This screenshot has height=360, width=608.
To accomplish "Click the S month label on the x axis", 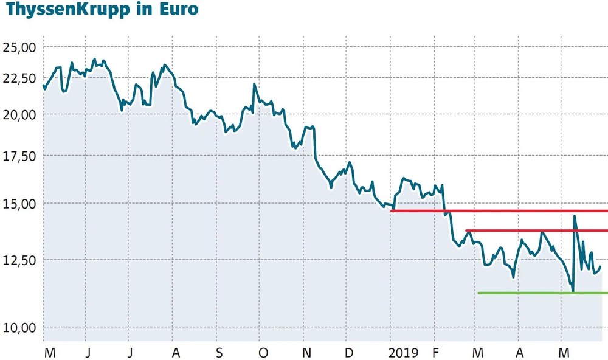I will [219, 353].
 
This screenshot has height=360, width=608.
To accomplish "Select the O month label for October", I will [263, 353].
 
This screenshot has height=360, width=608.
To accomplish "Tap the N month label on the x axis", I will [306, 353].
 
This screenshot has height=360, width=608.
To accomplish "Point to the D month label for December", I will [348, 353].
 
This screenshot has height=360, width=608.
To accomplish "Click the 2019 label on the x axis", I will [403, 353].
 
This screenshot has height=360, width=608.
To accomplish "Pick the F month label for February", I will [435, 353].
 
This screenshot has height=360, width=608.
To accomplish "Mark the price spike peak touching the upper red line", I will [575, 215].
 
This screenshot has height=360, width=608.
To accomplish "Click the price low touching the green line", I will [573, 291].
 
